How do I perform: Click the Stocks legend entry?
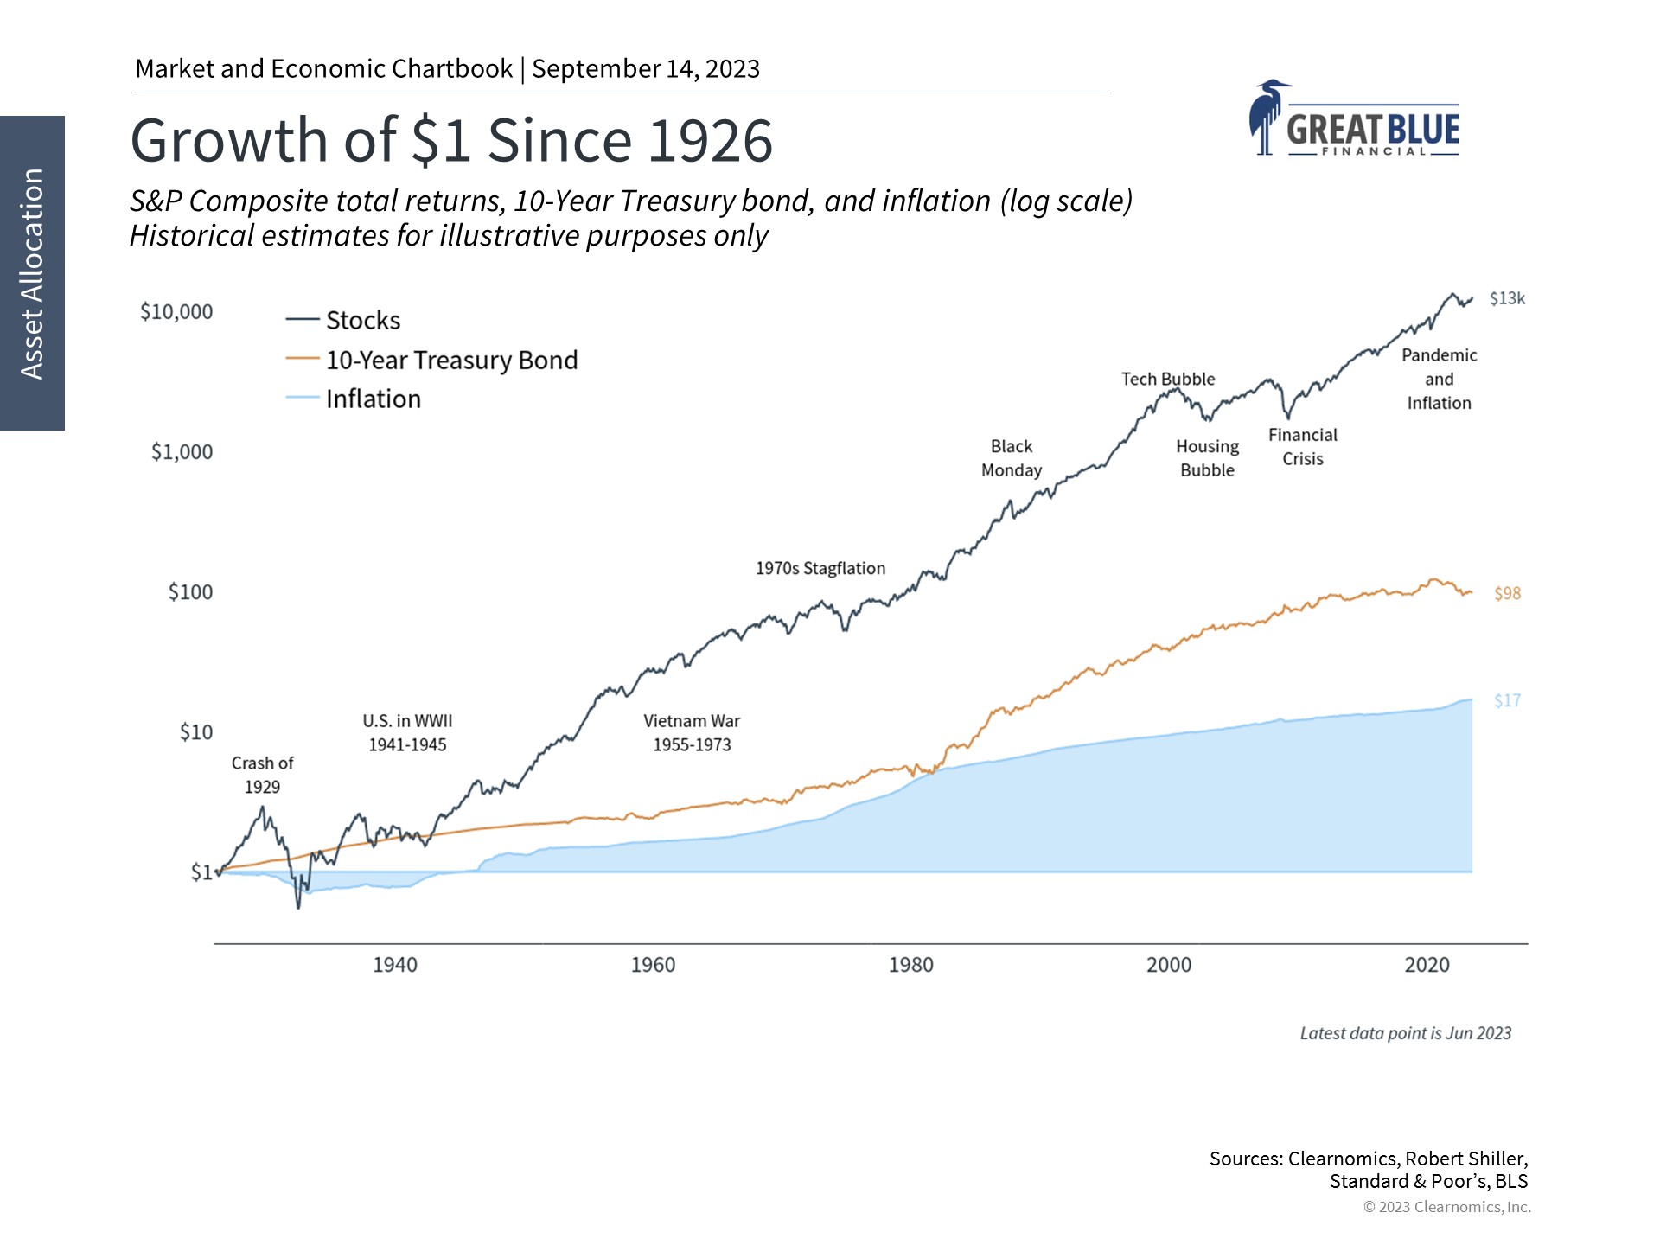pyautogui.click(x=362, y=321)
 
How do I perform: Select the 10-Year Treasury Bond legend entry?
pyautogui.click(x=450, y=361)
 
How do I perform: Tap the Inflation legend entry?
pyautogui.click(x=373, y=399)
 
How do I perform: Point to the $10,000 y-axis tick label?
pyautogui.click(x=176, y=312)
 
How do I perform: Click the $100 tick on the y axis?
pyautogui.click(x=190, y=592)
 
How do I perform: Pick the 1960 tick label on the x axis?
pyautogui.click(x=653, y=965)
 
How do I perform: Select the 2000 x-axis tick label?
pyautogui.click(x=1169, y=965)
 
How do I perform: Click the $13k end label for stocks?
pyautogui.click(x=1507, y=298)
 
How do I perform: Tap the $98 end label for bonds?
pyautogui.click(x=1507, y=594)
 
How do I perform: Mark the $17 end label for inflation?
pyautogui.click(x=1507, y=701)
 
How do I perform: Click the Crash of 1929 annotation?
pyautogui.click(x=262, y=775)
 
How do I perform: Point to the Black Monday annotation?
pyautogui.click(x=1012, y=458)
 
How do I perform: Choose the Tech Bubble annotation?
pyautogui.click(x=1168, y=380)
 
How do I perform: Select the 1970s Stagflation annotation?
pyautogui.click(x=820, y=569)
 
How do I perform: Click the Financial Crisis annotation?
pyautogui.click(x=1302, y=447)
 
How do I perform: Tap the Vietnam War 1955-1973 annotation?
pyautogui.click(x=692, y=732)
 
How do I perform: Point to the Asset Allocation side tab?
pyautogui.click(x=32, y=273)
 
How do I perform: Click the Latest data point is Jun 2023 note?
pyautogui.click(x=1405, y=1033)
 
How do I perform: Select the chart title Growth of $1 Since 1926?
pyautogui.click(x=451, y=141)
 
